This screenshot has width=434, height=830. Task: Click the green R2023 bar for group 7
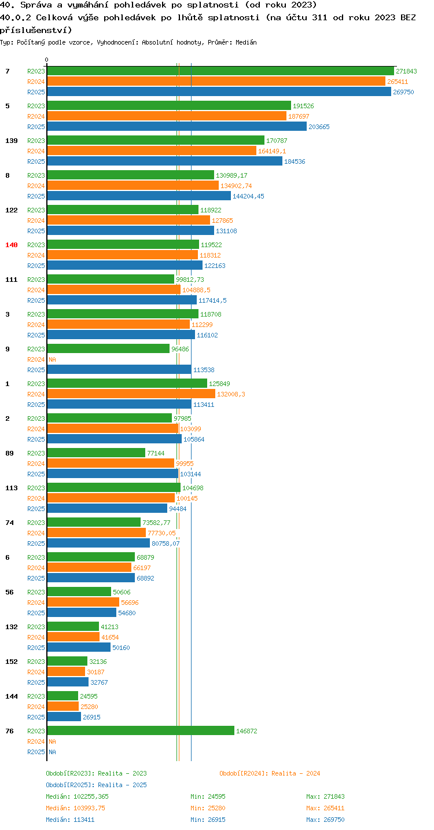click(220, 71)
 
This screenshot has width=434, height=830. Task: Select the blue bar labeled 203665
click(177, 127)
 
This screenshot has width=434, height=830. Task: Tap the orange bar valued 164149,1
click(152, 151)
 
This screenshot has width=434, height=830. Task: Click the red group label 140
click(12, 245)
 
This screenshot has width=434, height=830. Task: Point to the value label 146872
click(247, 731)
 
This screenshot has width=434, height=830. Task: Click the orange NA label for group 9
click(52, 359)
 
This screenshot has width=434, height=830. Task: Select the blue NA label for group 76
click(52, 752)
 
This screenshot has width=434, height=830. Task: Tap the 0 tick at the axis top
click(46, 60)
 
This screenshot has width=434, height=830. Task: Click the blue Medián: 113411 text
click(70, 820)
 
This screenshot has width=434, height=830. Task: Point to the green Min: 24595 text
click(208, 796)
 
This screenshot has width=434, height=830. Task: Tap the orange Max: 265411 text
click(325, 808)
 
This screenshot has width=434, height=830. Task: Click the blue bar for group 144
click(64, 717)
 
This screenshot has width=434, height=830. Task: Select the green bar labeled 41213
click(73, 627)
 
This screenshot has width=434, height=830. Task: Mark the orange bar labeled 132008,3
click(131, 394)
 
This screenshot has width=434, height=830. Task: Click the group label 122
click(12, 210)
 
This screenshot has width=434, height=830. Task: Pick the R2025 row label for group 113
click(36, 509)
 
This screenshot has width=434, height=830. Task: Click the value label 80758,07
click(165, 543)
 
